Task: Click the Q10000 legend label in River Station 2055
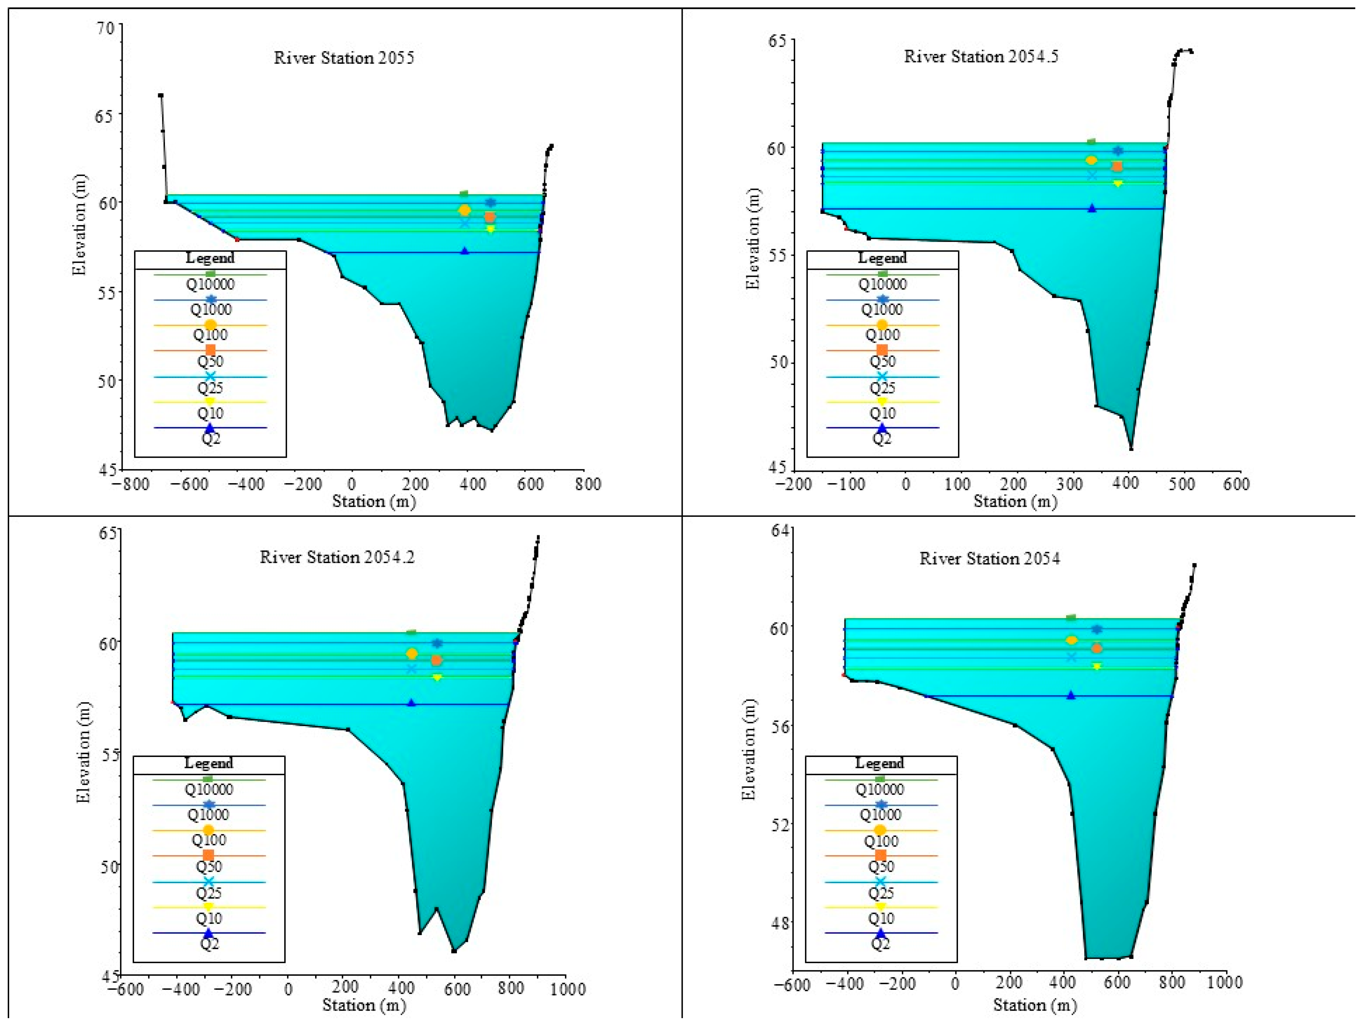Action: point(210,284)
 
